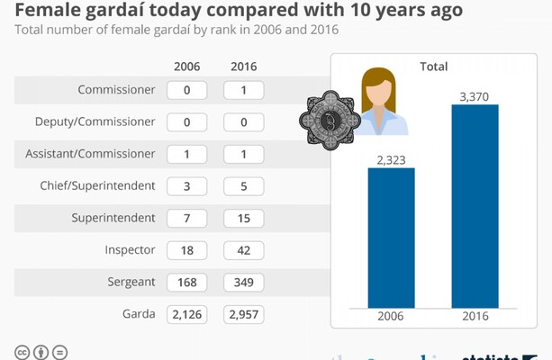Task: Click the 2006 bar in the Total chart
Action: click(391, 238)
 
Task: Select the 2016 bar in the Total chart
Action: click(475, 206)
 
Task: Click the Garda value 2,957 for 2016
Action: click(243, 314)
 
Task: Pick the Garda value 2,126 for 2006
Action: click(187, 314)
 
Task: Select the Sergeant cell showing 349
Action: click(243, 282)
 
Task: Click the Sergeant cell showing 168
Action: click(187, 282)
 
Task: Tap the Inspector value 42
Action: click(243, 250)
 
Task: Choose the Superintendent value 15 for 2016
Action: click(243, 218)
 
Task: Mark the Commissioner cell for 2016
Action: click(243, 90)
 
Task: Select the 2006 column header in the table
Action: click(187, 67)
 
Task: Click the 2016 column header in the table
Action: click(243, 67)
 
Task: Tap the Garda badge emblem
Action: click(330, 121)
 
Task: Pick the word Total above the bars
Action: click(433, 67)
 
